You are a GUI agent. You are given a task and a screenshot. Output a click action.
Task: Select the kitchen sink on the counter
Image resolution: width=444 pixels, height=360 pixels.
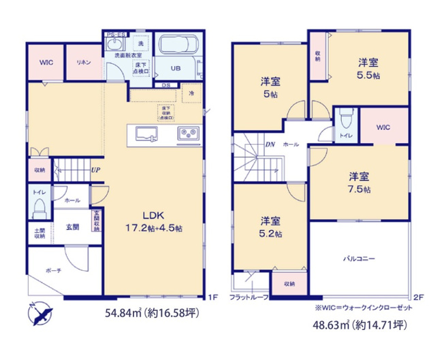(x=145, y=133)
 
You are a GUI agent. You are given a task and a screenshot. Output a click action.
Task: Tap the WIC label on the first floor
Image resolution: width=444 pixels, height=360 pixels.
(x=46, y=62)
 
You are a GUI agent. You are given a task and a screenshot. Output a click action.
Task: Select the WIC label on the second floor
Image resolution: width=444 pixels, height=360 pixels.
(x=383, y=127)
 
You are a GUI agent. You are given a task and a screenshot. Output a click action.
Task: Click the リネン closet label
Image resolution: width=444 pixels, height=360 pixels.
(x=84, y=62)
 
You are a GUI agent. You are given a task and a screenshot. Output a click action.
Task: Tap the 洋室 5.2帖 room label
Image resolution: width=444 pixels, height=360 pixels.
(x=271, y=226)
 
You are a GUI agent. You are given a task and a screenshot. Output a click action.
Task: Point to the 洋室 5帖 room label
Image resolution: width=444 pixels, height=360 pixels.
(x=271, y=87)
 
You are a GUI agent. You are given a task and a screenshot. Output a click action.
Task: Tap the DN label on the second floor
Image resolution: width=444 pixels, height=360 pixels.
(x=270, y=144)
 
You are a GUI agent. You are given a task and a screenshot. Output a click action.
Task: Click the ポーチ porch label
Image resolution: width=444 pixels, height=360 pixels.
(x=54, y=270)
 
